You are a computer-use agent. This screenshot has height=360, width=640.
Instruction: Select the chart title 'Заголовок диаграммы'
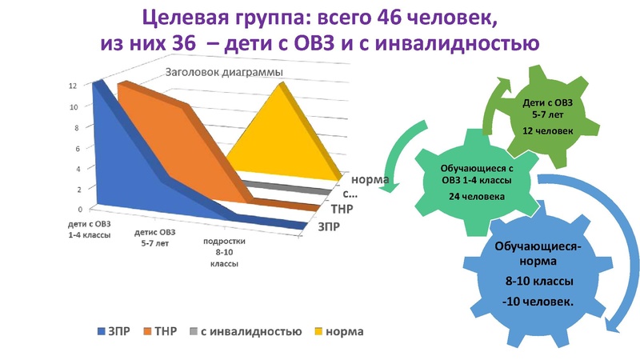pyautogui.click(x=225, y=73)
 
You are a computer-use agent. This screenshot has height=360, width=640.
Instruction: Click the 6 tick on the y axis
pyautogui.click(x=74, y=148)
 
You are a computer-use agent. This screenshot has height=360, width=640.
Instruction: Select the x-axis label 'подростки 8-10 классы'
pyautogui.click(x=224, y=251)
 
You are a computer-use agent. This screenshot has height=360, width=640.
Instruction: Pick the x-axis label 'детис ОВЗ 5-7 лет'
pyautogui.click(x=157, y=238)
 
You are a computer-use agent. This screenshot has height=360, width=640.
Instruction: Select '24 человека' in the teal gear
pyautogui.click(x=476, y=195)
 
